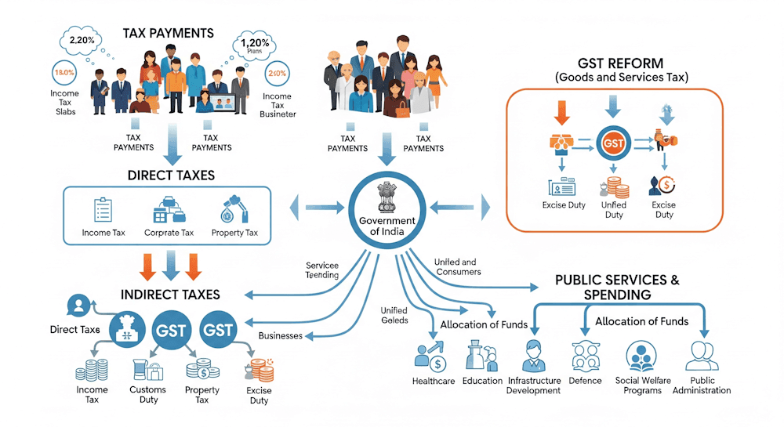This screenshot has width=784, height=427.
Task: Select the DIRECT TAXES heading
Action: (170, 175)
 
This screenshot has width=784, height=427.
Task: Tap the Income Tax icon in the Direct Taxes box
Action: (103, 209)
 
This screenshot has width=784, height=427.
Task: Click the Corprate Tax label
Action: (169, 233)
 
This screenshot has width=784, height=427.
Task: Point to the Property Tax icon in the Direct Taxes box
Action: (233, 208)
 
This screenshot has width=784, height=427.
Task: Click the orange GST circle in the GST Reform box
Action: (614, 143)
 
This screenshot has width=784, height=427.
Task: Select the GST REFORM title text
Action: (619, 63)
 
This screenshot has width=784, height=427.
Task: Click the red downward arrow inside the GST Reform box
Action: (561, 112)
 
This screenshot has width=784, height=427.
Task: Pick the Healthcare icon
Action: (431, 356)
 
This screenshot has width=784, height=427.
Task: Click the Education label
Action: (482, 381)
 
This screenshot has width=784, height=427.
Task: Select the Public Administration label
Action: (703, 385)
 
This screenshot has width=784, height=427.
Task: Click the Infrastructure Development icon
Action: (533, 356)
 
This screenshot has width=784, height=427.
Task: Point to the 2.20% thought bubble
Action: (82, 40)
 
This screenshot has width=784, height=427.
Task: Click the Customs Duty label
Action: (148, 394)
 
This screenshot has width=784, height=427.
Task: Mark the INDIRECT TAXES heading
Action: (170, 295)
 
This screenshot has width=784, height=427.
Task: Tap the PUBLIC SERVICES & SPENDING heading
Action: (617, 287)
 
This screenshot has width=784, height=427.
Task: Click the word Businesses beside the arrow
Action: (280, 335)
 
